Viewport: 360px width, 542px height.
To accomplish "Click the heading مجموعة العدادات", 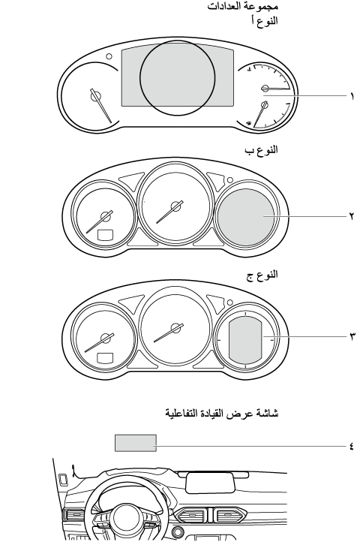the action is (x=242, y=6).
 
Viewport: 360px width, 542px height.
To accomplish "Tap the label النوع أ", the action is (x=264, y=20).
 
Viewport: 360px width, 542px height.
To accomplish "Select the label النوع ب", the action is (x=261, y=150).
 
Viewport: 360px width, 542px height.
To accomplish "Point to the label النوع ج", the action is (x=262, y=276).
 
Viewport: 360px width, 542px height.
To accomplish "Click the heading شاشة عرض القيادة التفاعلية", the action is (x=221, y=413).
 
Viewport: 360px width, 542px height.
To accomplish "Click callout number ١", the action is (x=352, y=96).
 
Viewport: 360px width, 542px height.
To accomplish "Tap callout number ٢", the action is (x=351, y=216).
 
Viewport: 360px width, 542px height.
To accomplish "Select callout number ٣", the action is (x=352, y=336).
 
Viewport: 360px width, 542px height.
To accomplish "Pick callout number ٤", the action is (x=351, y=446).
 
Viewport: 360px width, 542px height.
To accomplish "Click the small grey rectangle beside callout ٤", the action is (x=136, y=443).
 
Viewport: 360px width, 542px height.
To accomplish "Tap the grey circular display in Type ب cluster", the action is (x=246, y=217).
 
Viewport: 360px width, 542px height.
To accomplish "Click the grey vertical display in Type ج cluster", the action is (x=245, y=340).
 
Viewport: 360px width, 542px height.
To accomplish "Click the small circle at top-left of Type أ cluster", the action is (x=109, y=56).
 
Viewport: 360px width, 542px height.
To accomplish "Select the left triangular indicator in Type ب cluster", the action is (x=132, y=181).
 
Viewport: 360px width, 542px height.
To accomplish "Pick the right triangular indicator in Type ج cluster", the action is (x=215, y=303).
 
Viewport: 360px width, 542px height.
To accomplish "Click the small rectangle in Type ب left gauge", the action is (x=105, y=235).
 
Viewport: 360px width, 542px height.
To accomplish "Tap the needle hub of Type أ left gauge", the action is (x=96, y=96).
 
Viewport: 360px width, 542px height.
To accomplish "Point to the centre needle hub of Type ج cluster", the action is (x=177, y=328).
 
